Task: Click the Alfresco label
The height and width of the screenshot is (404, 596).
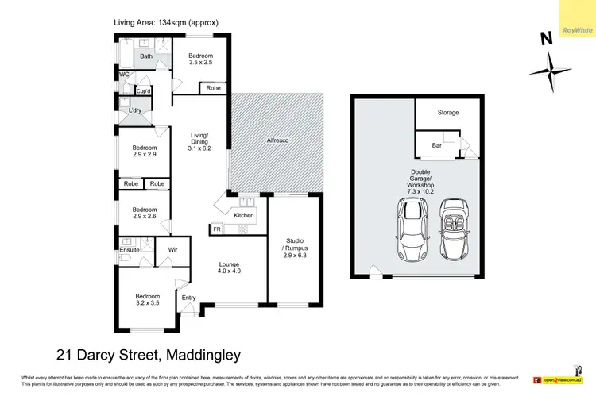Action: [x=277, y=140]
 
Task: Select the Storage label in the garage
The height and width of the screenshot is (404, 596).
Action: [x=448, y=113]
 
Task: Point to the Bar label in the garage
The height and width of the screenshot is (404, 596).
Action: [x=437, y=146]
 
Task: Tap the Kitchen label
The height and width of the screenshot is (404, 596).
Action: [x=244, y=215]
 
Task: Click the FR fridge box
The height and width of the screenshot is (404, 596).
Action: [x=216, y=229]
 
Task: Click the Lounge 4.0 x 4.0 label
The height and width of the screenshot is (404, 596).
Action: [x=229, y=267]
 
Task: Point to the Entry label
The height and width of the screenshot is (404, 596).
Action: [x=188, y=298]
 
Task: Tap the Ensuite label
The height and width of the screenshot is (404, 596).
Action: [x=130, y=249]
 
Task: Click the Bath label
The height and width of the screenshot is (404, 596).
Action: [x=146, y=56]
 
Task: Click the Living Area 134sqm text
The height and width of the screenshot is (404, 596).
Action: [x=165, y=22]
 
